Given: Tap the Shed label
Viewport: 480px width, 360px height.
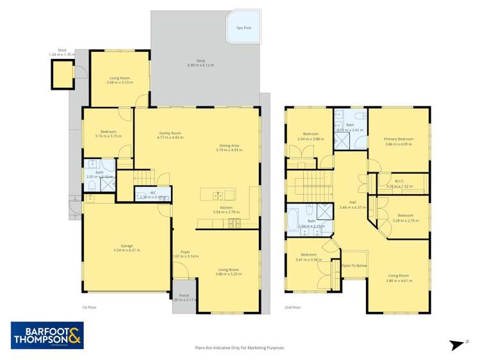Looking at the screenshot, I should click(x=62, y=49).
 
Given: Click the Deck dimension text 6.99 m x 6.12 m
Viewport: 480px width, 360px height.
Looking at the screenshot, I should click(x=201, y=65).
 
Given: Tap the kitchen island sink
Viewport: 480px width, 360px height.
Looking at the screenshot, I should click(x=218, y=194).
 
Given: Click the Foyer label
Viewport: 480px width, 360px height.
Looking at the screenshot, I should click(x=185, y=252).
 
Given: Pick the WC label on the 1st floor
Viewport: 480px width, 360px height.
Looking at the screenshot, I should click(x=153, y=192).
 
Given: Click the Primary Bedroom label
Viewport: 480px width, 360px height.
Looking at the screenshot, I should click(x=398, y=139).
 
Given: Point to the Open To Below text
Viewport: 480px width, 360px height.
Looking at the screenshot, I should click(x=354, y=265).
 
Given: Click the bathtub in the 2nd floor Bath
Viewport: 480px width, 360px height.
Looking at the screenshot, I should click(x=294, y=221).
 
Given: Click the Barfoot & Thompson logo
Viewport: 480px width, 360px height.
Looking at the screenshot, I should click(x=47, y=335).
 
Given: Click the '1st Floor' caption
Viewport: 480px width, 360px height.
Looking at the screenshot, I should click(x=89, y=307).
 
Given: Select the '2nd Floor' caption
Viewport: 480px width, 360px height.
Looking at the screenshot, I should click(x=292, y=307).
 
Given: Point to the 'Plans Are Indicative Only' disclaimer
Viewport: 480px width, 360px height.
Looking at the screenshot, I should click(x=240, y=348).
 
